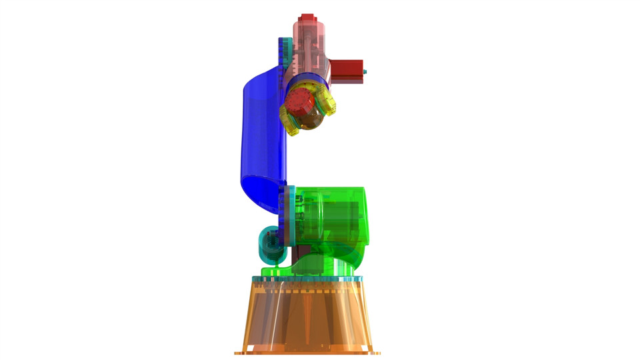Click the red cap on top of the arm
point(307,18)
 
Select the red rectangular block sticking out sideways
point(347,69)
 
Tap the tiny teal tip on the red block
point(365,71)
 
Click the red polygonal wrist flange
point(299,102)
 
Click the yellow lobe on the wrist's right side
point(327,102)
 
